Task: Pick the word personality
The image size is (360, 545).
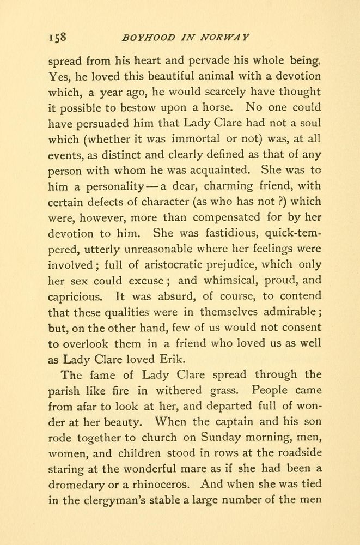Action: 109,186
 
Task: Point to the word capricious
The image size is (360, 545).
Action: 74,296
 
